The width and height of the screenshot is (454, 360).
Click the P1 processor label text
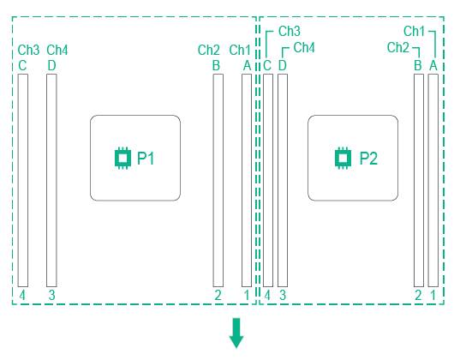(x=146, y=158)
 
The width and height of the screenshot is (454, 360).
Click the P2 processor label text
(x=368, y=158)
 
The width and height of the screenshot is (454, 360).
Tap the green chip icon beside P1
(x=122, y=158)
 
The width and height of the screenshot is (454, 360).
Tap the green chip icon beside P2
(x=343, y=158)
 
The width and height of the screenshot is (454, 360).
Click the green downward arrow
(x=236, y=333)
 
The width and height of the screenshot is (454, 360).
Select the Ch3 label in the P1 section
(x=28, y=50)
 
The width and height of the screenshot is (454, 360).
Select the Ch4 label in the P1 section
(x=57, y=50)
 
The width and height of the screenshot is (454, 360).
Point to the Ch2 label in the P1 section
(x=208, y=50)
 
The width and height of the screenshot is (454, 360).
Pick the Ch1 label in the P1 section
(x=240, y=50)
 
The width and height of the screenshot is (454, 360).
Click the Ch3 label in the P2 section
(x=290, y=31)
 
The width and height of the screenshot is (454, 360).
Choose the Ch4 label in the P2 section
(x=304, y=47)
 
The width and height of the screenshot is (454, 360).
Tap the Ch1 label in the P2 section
(x=414, y=31)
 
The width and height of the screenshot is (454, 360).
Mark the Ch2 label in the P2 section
(x=398, y=47)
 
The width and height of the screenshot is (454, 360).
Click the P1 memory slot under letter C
(x=23, y=180)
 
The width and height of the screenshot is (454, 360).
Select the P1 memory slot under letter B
(x=218, y=180)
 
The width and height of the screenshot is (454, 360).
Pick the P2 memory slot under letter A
(x=433, y=180)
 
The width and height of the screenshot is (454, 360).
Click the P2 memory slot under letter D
(x=283, y=180)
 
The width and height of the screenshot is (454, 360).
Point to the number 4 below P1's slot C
(x=22, y=296)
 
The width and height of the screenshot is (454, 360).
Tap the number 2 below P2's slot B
(x=418, y=296)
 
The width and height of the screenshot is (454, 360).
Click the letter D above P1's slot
(x=51, y=66)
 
